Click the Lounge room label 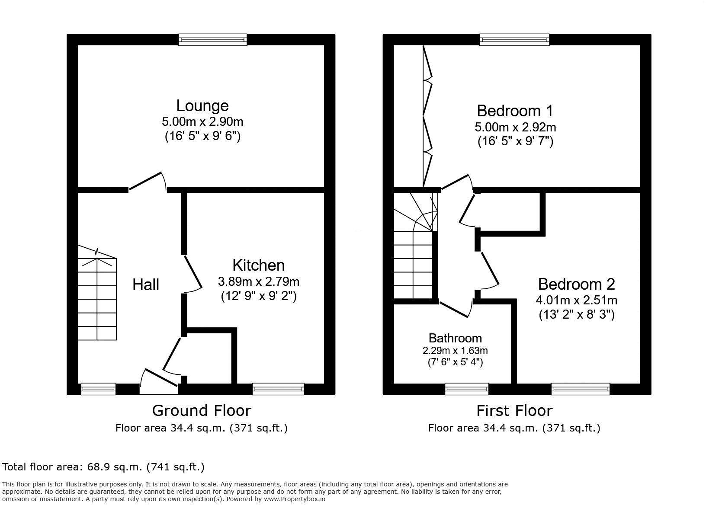point(202,106)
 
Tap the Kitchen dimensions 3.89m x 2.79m point(259,282)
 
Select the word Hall point(146,285)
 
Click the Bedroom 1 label point(515,111)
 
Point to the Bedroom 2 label point(576,284)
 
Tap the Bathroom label point(455,338)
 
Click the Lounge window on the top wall point(213,40)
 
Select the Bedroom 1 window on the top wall point(514,40)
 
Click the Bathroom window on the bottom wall point(467,389)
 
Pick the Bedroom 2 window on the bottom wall point(581,389)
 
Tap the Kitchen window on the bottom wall point(278,389)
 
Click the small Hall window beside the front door point(99,389)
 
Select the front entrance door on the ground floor point(159,380)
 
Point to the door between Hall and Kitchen point(193,272)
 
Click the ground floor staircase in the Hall point(97,298)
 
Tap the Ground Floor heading point(201,410)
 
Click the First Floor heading point(514,410)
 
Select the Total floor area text point(103,467)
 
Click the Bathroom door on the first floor point(455,309)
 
